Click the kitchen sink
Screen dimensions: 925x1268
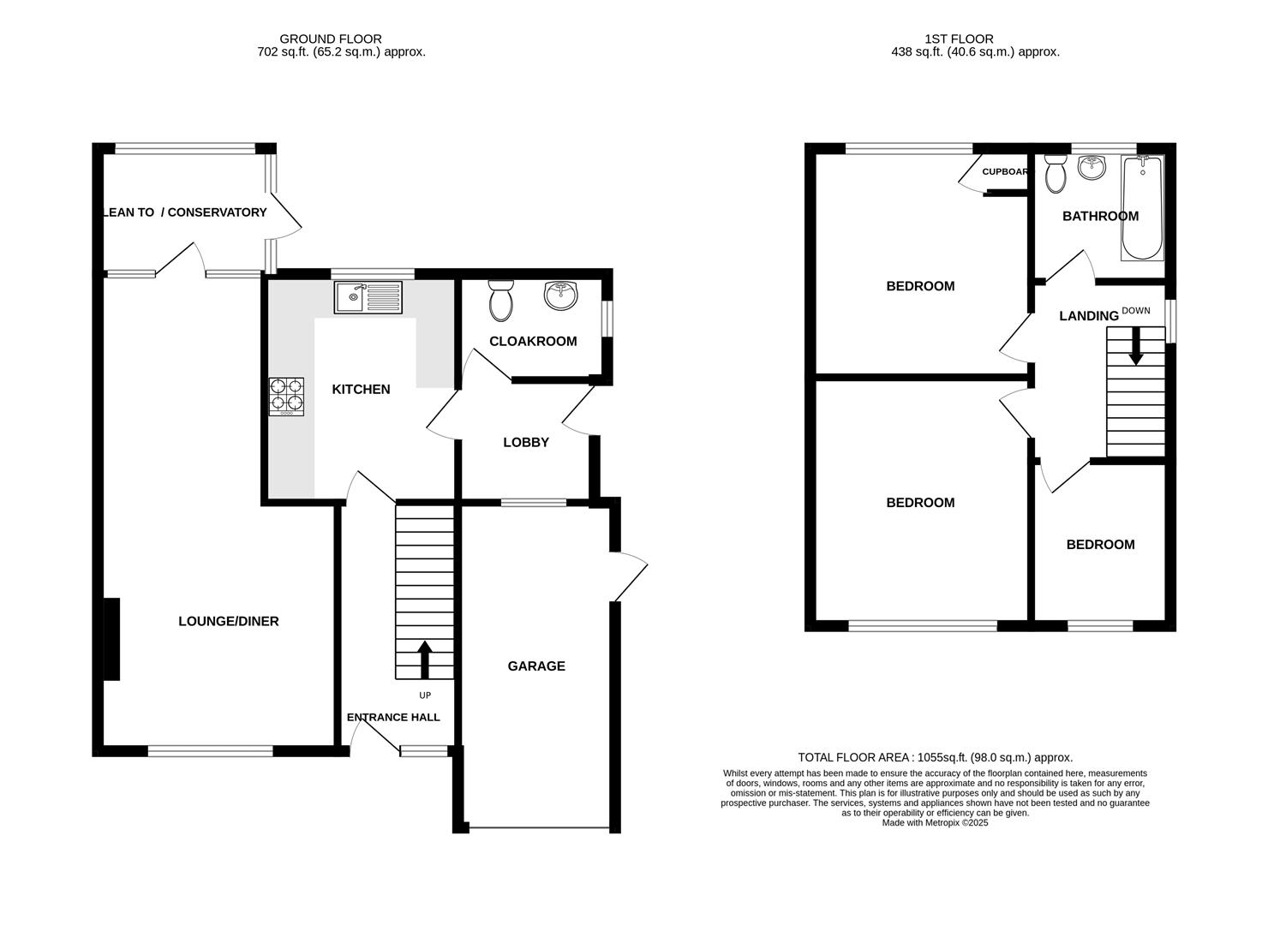[x=368, y=297]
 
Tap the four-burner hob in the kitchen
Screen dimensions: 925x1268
[x=286, y=397]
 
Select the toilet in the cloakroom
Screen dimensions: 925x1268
[x=499, y=301]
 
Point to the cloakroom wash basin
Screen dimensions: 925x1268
[x=561, y=296]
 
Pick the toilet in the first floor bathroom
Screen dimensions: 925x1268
[x=1055, y=175]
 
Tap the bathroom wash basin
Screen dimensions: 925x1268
[x=1092, y=168]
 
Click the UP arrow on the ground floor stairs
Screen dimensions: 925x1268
[x=424, y=659]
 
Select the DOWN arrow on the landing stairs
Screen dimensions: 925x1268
[x=1135, y=348]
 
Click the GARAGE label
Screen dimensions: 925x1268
[x=536, y=666]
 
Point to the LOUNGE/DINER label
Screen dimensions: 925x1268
[x=228, y=622]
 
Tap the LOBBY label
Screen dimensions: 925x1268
[x=526, y=443]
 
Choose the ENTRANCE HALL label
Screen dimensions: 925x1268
[x=393, y=718]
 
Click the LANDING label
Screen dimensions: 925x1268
[x=1088, y=316]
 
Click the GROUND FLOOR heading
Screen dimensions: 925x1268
[x=330, y=39]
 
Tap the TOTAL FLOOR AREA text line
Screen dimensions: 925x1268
[x=935, y=758]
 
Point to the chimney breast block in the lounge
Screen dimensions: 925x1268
[x=111, y=639]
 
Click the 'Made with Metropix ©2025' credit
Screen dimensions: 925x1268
[x=935, y=823]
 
